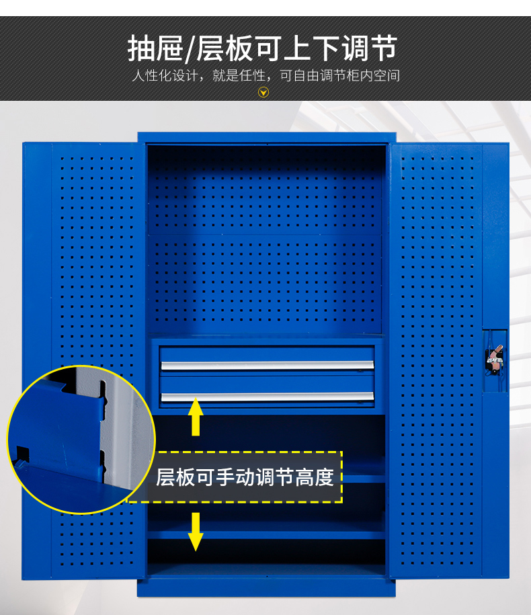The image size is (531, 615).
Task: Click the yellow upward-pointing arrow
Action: (196, 416)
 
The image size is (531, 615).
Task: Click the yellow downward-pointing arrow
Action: (196, 532)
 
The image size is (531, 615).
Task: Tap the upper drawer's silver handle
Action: (268, 366)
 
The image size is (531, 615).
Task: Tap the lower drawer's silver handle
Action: (268, 397)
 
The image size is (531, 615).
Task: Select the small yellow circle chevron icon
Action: (263, 92)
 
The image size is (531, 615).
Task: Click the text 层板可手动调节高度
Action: (245, 477)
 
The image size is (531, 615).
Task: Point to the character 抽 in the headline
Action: (142, 48)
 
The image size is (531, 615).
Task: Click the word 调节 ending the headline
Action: (370, 48)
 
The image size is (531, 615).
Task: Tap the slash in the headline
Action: (190, 50)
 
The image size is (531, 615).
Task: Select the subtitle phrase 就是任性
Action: (239, 75)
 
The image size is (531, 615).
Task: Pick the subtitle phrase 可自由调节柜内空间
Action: (339, 75)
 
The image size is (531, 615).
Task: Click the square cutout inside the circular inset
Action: (22, 454)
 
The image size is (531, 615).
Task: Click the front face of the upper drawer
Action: (267, 358)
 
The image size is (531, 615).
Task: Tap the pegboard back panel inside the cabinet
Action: (264, 239)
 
